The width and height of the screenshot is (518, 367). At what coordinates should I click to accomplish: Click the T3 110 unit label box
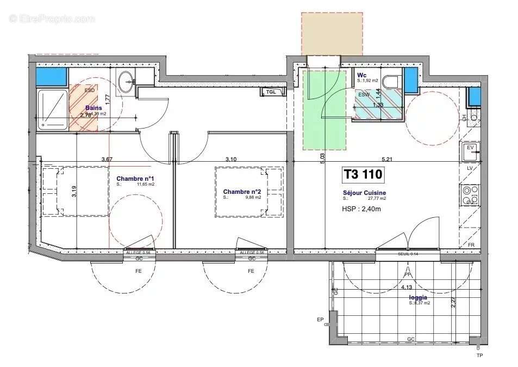point(363,174)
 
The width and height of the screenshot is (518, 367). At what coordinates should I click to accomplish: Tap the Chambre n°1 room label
point(135,179)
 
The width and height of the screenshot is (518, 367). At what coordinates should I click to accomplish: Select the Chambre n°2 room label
point(242,192)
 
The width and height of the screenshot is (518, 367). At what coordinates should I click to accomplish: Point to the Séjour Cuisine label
point(364,193)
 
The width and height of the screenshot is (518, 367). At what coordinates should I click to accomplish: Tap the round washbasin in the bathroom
point(127,82)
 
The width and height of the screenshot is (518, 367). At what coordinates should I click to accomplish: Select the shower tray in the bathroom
point(52,109)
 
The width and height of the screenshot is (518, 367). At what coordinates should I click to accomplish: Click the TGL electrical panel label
point(271,91)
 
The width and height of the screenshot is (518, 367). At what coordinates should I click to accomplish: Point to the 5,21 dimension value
point(387,159)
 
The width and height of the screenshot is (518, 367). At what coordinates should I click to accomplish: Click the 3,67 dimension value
point(107,159)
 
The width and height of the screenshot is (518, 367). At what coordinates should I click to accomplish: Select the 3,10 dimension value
point(231,159)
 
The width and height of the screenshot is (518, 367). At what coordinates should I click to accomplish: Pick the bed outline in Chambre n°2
point(248,192)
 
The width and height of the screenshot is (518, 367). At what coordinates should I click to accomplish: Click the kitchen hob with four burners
point(470,194)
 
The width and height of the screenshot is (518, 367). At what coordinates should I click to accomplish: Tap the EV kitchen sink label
point(470,147)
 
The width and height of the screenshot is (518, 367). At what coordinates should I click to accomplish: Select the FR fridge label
point(471,245)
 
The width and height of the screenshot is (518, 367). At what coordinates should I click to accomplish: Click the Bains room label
point(93,108)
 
